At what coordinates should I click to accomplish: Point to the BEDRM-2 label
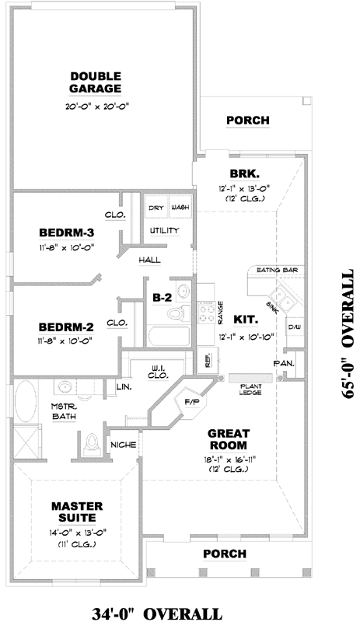(x=66, y=326)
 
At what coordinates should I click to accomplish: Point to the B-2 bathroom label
(x=162, y=296)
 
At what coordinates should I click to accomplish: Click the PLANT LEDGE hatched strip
(x=247, y=378)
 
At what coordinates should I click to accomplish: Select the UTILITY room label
(x=165, y=231)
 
